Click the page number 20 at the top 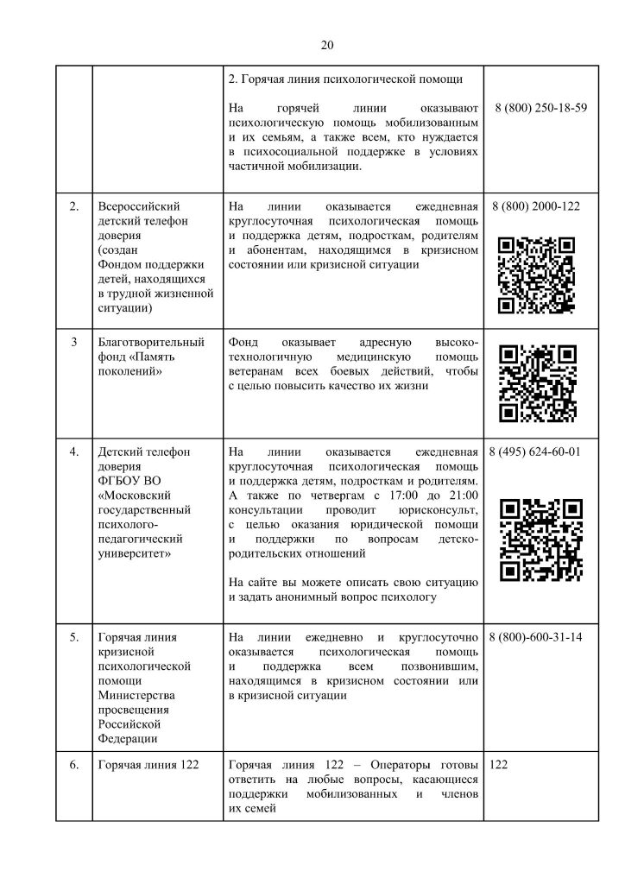[x=326, y=46]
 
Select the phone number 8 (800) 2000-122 [x=535, y=207]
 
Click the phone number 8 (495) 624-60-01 [x=535, y=451]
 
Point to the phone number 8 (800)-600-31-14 [x=535, y=637]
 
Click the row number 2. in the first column [x=74, y=207]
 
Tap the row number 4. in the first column [x=74, y=451]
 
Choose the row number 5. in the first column [x=74, y=637]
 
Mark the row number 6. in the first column [x=74, y=764]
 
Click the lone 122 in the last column [x=499, y=764]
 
